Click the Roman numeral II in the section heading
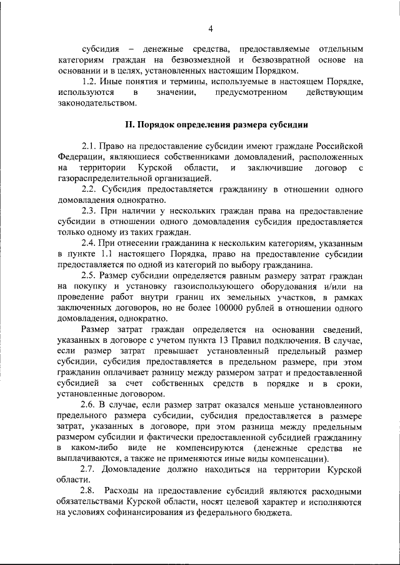(130, 124)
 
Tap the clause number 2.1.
(91, 145)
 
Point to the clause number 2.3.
(91, 210)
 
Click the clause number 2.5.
(91, 275)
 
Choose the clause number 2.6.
(91, 405)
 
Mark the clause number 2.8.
(91, 491)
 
